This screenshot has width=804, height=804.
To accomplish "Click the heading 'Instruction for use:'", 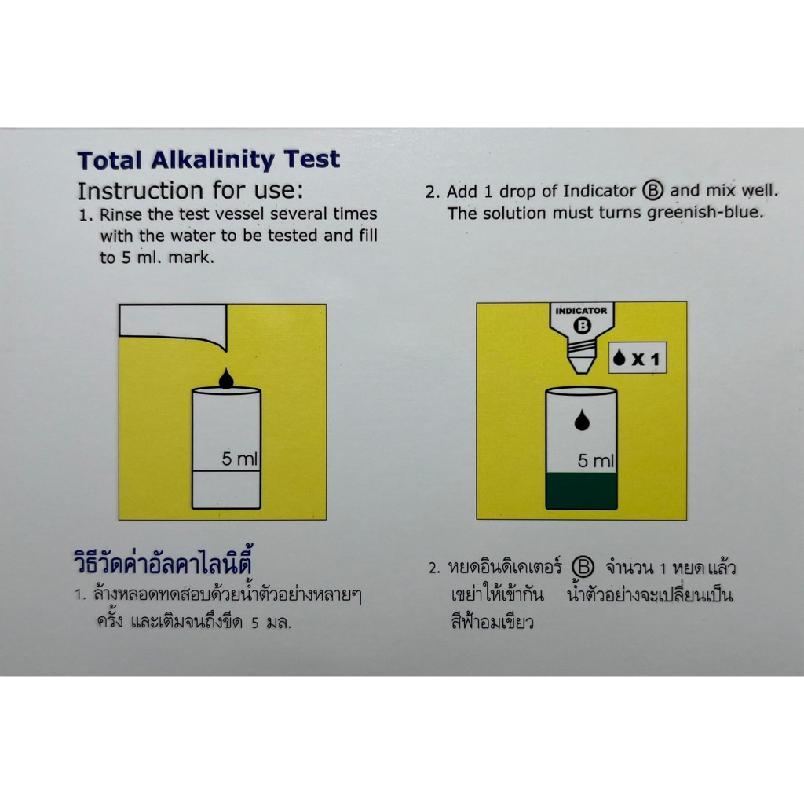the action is tap(190, 191).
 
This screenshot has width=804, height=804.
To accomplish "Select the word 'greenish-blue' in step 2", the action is tap(705, 213).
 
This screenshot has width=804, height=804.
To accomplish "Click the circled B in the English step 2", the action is tap(652, 190).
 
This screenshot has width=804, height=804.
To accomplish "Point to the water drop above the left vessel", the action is tap(226, 378).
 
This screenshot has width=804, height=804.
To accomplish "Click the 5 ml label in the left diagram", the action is tap(239, 459).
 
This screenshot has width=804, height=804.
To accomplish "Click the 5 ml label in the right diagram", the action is tap(596, 460).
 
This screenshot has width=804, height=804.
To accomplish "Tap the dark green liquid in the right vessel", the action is tap(582, 491).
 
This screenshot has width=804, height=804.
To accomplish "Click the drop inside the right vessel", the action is tap(582, 420).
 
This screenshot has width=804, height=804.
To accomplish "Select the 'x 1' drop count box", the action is tap(638, 358).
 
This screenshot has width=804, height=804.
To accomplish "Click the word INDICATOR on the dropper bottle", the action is tap(581, 311).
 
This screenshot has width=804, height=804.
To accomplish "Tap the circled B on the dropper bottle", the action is tap(582, 326).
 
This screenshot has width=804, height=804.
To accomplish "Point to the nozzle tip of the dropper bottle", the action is tap(581, 371).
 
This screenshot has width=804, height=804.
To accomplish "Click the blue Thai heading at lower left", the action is tap(163, 562).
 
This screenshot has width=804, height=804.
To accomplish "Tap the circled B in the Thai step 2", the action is tap(583, 567).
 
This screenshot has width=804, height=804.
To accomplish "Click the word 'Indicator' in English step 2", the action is tap(599, 191).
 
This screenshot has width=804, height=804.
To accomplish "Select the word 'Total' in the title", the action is tap(109, 161).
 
